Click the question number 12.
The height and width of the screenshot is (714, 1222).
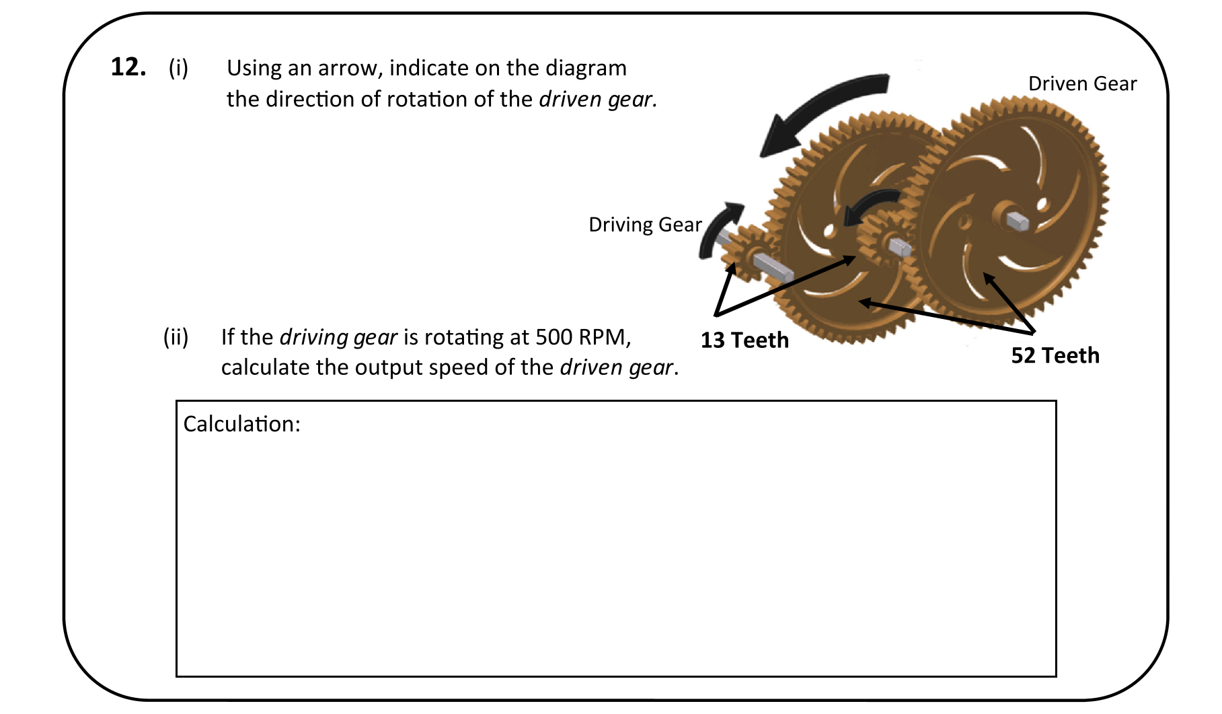pyautogui.click(x=128, y=67)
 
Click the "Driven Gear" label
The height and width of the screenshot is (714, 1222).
pyautogui.click(x=1082, y=83)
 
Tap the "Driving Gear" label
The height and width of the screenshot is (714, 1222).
pyautogui.click(x=645, y=224)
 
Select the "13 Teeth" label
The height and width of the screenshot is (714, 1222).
pyautogui.click(x=744, y=340)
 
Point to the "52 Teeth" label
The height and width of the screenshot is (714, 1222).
pyautogui.click(x=1055, y=355)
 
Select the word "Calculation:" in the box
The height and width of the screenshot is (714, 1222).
pyautogui.click(x=241, y=424)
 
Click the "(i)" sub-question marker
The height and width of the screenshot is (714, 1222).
pyautogui.click(x=178, y=68)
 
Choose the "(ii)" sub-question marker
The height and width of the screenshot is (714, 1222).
pyautogui.click(x=176, y=336)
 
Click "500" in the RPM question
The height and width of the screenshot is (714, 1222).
pyautogui.click(x=553, y=336)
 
